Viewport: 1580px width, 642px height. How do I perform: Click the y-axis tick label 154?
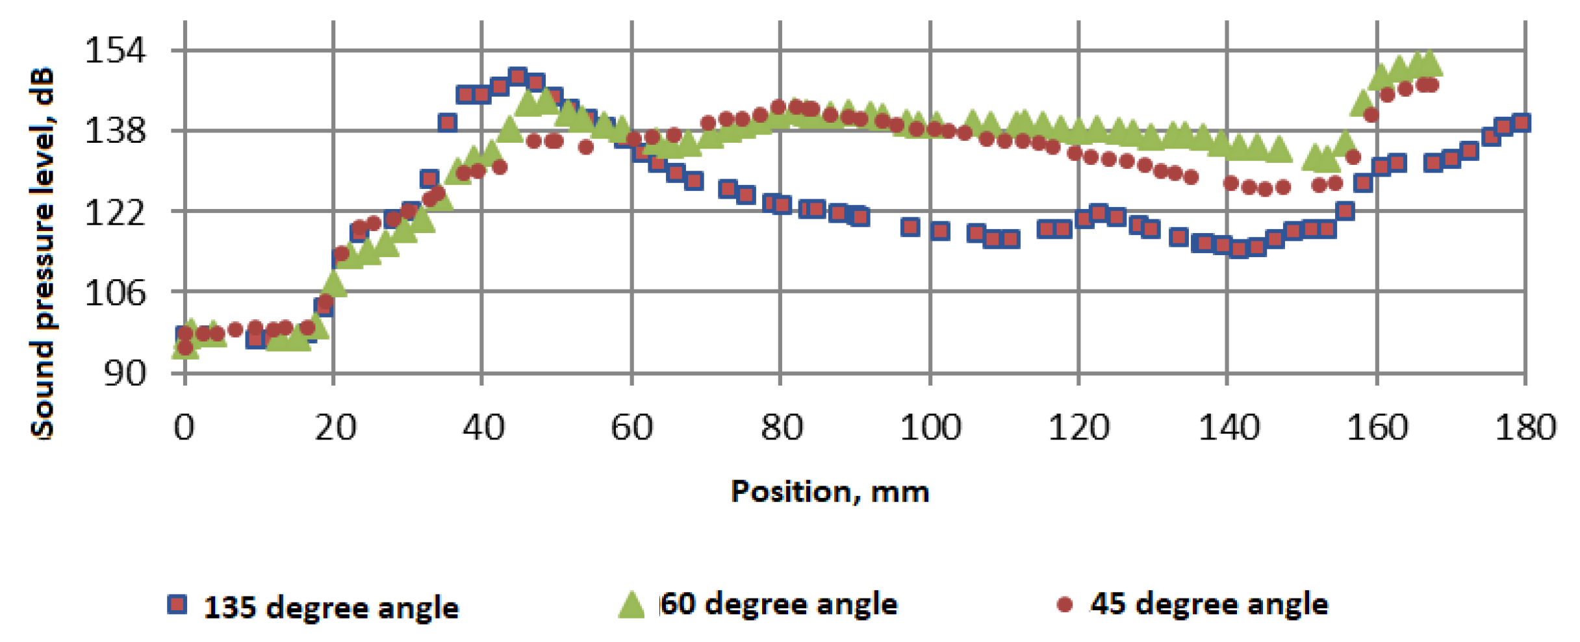116,50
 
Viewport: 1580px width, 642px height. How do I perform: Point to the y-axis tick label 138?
116,130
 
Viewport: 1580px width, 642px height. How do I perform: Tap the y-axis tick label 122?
116,212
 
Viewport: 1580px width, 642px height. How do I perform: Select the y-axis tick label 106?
116,292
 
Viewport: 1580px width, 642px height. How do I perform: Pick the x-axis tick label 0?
185,428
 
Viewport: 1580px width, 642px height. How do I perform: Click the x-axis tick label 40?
483,428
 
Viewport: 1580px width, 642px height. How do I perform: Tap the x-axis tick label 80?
781,428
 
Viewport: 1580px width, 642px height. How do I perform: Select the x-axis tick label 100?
930,428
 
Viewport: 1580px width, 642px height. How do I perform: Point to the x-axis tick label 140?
1228,428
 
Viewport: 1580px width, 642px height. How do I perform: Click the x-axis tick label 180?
1525,428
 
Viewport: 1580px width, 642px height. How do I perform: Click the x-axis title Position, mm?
830,491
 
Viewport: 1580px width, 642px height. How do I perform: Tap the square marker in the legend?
177,605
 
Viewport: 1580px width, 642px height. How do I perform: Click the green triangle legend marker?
631,605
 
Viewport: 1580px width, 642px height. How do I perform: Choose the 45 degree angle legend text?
1209,604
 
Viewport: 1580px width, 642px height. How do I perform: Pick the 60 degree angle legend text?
779,604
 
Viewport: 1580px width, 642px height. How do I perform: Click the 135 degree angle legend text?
331,608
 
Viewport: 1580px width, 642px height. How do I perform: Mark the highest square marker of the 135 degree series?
518,77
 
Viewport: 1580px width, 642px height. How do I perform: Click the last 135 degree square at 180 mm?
1522,122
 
